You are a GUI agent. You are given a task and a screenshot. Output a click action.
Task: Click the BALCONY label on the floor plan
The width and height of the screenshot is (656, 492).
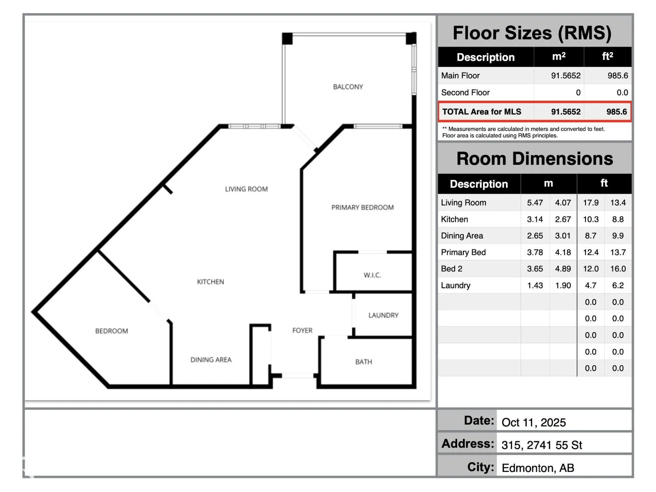point(348,87)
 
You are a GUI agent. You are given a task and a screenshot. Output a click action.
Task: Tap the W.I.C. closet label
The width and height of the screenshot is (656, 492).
point(372,275)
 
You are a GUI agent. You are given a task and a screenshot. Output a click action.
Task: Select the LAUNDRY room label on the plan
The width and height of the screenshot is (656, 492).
point(383,315)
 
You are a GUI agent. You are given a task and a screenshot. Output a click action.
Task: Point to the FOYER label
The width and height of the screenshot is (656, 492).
point(303,330)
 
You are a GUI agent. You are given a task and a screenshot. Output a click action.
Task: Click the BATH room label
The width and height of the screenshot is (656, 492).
point(364,362)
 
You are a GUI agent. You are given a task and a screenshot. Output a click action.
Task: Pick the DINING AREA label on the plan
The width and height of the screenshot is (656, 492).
point(211,360)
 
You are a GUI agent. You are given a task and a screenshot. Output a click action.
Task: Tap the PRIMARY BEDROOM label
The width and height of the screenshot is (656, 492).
point(362,207)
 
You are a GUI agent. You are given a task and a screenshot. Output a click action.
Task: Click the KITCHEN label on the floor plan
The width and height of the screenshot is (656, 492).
point(210,282)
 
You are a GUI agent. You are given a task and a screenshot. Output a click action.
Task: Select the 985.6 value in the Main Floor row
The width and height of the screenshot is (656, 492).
point(617,75)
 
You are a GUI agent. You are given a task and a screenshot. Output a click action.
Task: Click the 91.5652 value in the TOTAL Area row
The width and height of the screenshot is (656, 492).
point(566,112)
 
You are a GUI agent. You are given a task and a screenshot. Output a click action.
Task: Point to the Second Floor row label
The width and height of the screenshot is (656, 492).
point(465,93)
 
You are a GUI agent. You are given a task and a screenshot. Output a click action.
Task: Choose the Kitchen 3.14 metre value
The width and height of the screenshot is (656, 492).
point(535,219)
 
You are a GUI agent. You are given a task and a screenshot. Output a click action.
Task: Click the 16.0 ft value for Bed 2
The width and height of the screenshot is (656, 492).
point(618,269)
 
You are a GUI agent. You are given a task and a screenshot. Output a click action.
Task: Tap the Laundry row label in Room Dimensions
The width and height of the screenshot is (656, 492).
point(456,285)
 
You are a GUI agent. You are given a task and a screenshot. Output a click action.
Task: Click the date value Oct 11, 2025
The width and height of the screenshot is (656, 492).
point(533,422)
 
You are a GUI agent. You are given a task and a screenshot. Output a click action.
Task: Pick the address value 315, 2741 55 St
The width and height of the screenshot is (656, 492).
point(542,445)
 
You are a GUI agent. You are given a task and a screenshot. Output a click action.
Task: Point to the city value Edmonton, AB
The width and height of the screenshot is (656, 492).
point(538,468)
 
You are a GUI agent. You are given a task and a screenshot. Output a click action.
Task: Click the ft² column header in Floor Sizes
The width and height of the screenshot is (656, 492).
point(608,56)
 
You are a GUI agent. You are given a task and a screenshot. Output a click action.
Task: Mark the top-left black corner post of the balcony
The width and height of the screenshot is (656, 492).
point(287,39)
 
